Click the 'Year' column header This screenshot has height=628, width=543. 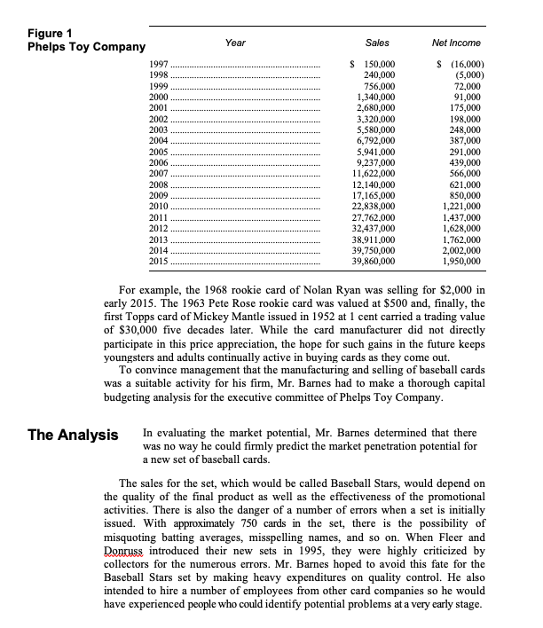click(x=236, y=43)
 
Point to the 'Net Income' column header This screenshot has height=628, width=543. click(x=456, y=43)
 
